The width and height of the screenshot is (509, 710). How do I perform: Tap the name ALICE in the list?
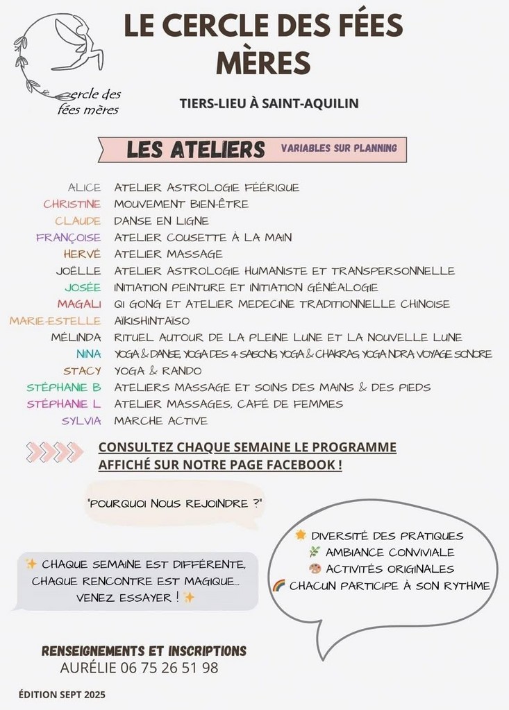click(84, 187)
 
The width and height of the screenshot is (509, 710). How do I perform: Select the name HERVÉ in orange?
click(82, 254)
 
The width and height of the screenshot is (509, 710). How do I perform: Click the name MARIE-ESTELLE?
click(55, 321)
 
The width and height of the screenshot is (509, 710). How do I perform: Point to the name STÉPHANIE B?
click(64, 388)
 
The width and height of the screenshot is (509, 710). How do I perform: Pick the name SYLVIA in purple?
click(81, 421)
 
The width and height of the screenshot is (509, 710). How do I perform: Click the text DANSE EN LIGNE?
click(161, 220)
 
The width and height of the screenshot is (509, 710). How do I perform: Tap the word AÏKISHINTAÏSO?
click(151, 321)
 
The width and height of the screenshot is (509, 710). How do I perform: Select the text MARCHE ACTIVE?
click(160, 421)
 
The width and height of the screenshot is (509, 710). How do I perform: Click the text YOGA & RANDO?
click(158, 371)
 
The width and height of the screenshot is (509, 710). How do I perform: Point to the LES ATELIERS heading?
click(196, 149)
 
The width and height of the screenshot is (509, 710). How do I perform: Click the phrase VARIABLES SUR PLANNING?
click(339, 148)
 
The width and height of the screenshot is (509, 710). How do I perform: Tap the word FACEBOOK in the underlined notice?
click(306, 465)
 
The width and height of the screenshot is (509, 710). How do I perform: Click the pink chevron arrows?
click(55, 452)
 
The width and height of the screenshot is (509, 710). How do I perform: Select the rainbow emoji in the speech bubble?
click(279, 585)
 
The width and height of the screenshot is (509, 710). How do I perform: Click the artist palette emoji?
click(315, 569)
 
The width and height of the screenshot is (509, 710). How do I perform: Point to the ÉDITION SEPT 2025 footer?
click(62, 694)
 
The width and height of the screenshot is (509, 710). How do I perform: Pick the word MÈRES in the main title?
click(263, 62)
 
